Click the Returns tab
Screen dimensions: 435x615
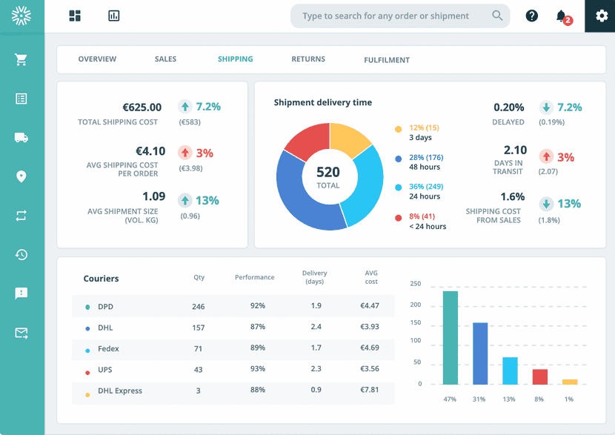click(308, 59)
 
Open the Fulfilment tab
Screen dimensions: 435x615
click(387, 60)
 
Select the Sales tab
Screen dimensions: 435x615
click(165, 59)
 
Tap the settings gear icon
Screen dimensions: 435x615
click(599, 16)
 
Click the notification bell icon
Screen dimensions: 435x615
click(562, 16)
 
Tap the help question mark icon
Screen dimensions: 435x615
click(531, 16)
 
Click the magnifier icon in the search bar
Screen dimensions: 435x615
click(497, 16)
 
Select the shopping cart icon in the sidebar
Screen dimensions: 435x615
click(21, 60)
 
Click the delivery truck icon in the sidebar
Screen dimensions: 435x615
click(21, 137)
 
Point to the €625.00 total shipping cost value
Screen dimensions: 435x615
click(142, 107)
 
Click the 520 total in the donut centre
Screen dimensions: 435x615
click(328, 173)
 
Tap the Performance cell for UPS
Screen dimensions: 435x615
click(257, 370)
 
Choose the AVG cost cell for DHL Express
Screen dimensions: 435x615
click(369, 391)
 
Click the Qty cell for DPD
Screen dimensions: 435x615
click(198, 306)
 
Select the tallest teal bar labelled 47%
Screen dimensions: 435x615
click(450, 337)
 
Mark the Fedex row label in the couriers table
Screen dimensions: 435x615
click(108, 348)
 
